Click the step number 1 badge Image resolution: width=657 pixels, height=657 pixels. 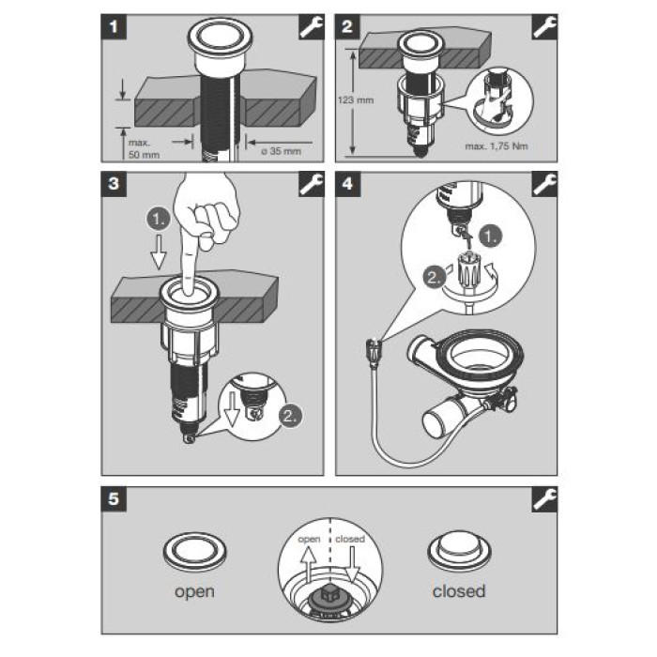[114, 27]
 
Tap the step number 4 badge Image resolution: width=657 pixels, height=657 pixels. [348, 184]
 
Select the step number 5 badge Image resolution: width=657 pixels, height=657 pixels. [114, 499]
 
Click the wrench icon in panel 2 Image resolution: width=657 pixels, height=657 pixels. [544, 27]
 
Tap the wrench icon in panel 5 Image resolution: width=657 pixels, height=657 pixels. [544, 499]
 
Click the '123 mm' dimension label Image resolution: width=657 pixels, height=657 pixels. [356, 100]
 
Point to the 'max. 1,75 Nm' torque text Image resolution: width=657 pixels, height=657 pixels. [497, 146]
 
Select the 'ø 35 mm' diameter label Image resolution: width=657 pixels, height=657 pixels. [282, 151]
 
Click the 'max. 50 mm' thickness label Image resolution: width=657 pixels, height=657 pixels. [144, 148]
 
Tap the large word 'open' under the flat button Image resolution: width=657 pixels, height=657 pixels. [194, 591]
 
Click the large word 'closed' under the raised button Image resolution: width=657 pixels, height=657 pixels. [459, 591]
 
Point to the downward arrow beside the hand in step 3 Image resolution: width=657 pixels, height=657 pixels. [159, 252]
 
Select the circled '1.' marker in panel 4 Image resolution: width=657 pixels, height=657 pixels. [491, 237]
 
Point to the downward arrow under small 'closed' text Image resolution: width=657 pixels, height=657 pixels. [352, 565]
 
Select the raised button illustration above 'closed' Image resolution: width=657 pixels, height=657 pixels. [459, 551]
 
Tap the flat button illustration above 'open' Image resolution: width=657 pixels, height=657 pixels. [194, 552]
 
